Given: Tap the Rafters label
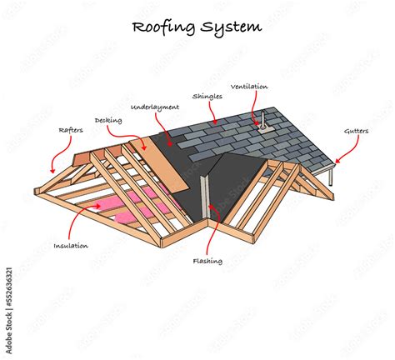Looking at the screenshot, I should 70,129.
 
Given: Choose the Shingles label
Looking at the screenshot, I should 206,97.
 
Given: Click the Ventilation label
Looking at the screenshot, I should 250,86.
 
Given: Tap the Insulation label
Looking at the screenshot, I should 72,246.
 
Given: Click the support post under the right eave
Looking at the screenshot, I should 332,177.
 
